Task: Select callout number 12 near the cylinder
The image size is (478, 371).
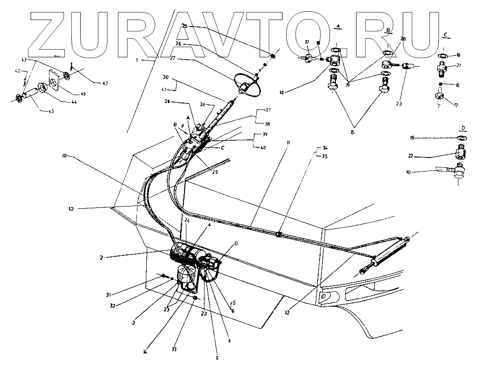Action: pos(287,312)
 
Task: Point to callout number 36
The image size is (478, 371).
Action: pos(202,104)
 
